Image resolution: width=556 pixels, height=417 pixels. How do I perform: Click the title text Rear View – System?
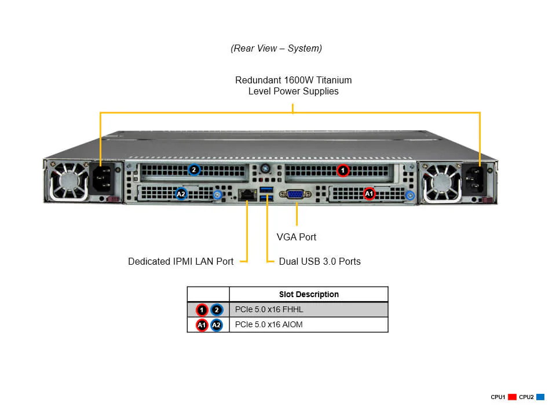[x=276, y=49]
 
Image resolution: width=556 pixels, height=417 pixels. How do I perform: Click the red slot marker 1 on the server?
[x=343, y=170]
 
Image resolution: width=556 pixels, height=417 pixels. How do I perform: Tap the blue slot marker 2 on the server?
[x=194, y=170]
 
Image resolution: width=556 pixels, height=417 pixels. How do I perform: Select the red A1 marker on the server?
[x=369, y=193]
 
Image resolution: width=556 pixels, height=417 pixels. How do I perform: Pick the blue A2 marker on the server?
[x=181, y=193]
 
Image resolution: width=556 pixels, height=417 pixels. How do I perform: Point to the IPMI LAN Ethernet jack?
[x=247, y=195]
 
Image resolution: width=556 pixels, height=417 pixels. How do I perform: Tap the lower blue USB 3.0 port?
[x=266, y=200]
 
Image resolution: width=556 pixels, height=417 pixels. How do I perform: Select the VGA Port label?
[x=297, y=237]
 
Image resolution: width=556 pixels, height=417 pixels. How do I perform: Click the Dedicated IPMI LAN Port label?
[x=181, y=262]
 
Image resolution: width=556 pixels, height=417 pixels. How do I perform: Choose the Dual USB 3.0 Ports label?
[x=320, y=262]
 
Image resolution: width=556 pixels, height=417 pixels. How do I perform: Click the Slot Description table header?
[x=309, y=294]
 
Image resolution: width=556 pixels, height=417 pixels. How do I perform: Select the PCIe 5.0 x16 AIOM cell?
[x=269, y=325]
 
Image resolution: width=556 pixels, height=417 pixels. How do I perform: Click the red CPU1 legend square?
[x=512, y=397]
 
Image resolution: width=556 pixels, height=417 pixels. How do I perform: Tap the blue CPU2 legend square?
[x=540, y=397]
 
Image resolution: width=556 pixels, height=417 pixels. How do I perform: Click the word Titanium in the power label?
[x=331, y=80]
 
